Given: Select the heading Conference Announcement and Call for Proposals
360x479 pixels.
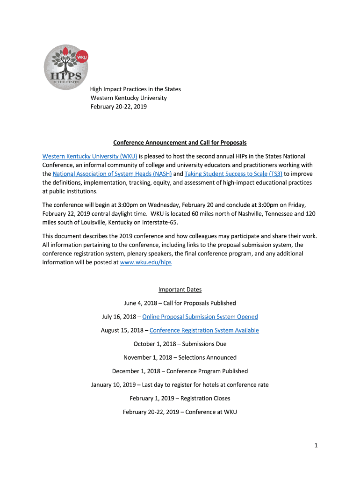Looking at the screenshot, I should click(180, 142).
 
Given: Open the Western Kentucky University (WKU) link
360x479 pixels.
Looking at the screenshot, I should click(89, 156).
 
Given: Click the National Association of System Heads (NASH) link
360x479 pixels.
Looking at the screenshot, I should click(112, 174).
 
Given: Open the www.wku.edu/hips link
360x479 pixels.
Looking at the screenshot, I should click(146, 262).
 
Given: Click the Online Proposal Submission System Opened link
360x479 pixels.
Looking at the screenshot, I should click(200, 317).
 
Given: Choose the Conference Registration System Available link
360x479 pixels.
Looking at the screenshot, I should click(204, 330).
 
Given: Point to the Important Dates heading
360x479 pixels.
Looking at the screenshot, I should click(180, 290).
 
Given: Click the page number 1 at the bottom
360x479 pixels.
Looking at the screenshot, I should click(316, 446).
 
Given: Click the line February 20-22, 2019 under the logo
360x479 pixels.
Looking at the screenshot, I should click(119, 107).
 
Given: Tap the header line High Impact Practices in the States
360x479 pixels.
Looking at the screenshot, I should click(136, 89).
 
